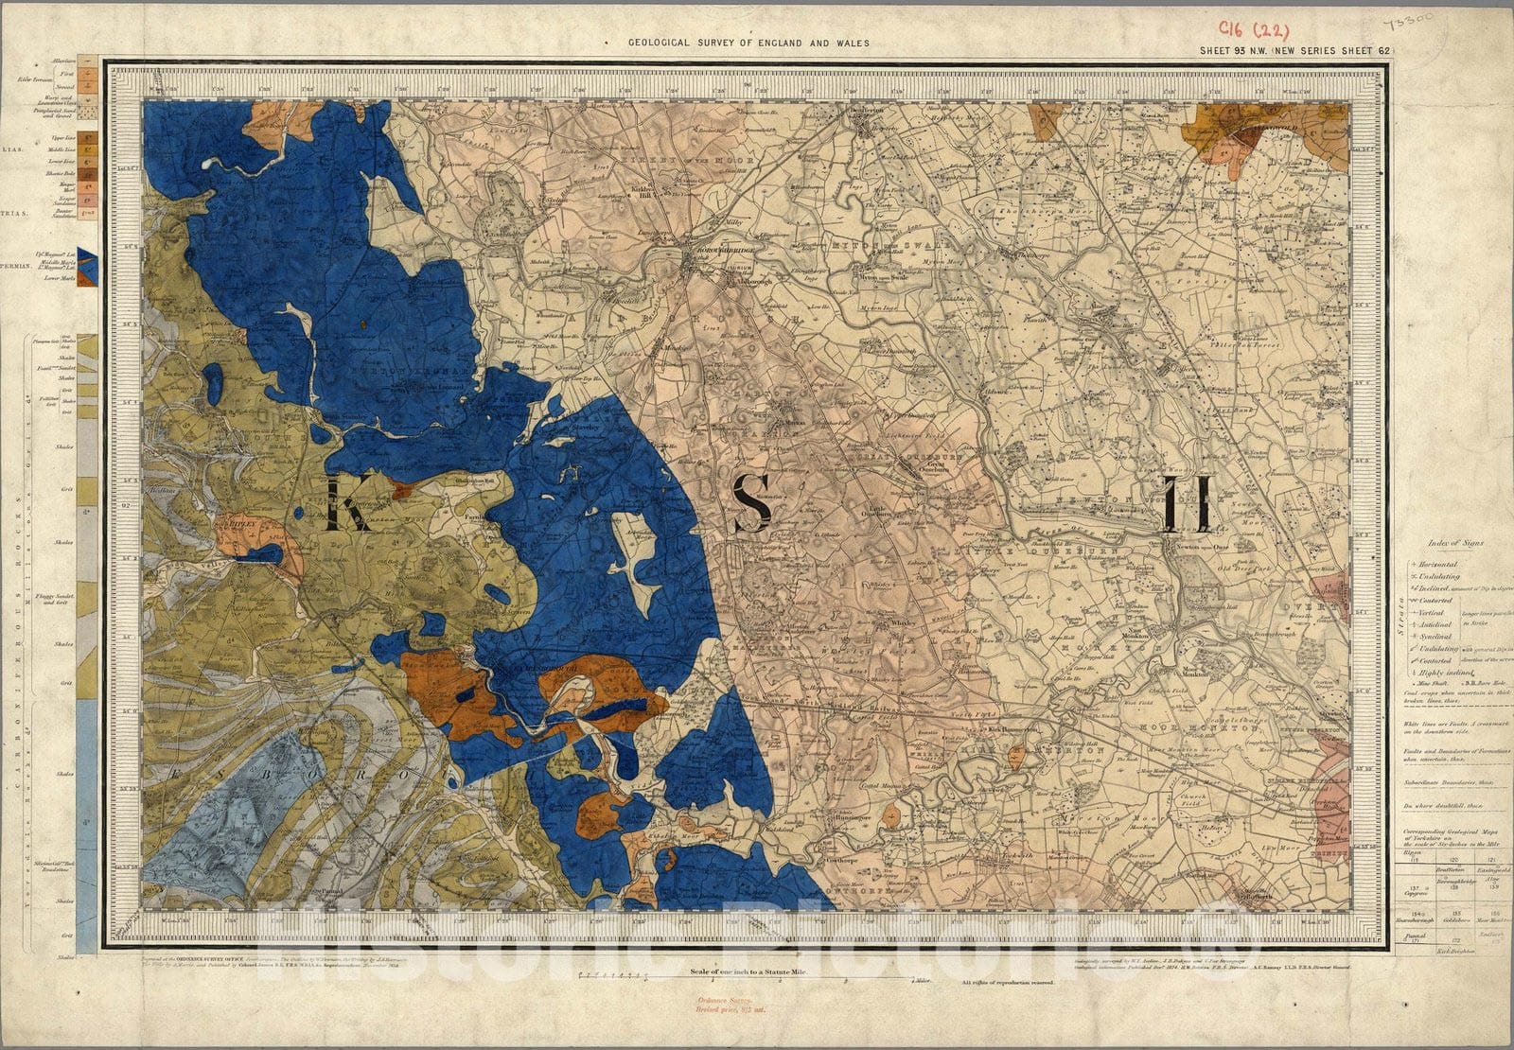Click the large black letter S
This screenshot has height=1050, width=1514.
[x=753, y=502]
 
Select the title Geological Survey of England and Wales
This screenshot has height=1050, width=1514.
[x=748, y=44]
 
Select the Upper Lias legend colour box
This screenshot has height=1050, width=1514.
[x=87, y=139]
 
